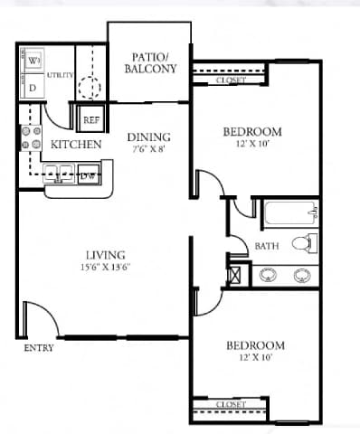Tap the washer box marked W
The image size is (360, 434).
(33, 61)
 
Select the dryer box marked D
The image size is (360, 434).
(33, 88)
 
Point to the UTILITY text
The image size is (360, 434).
(60, 75)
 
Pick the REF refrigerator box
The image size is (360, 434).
(91, 119)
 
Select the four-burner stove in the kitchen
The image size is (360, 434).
(31, 137)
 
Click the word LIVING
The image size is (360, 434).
(106, 255)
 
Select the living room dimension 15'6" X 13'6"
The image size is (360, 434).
(106, 267)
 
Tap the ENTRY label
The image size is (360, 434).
(39, 347)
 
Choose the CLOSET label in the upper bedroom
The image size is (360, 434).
(232, 80)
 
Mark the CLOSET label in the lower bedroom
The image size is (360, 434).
(232, 404)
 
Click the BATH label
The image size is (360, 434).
(266, 246)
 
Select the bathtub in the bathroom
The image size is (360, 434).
(290, 214)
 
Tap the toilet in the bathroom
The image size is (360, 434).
(309, 243)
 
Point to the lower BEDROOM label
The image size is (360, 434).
(254, 345)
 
